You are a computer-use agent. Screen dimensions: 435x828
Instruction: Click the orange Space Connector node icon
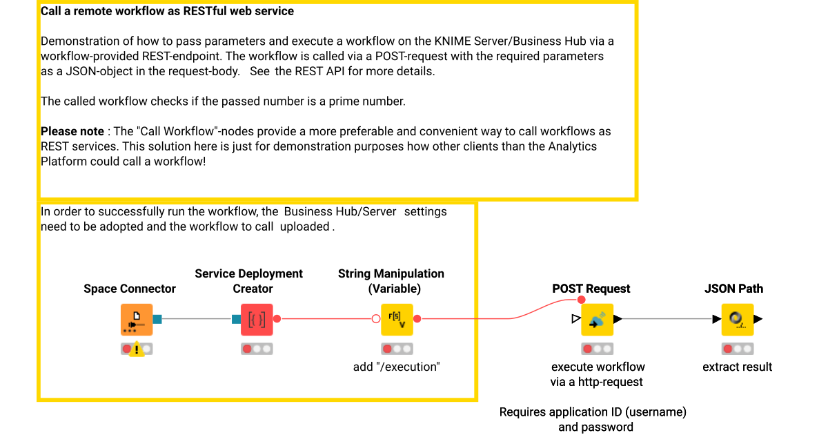click(137, 320)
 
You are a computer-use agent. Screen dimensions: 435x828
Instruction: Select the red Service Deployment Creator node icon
click(257, 320)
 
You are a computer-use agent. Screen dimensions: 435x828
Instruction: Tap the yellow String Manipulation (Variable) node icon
click(397, 320)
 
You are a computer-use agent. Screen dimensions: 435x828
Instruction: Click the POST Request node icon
click(598, 320)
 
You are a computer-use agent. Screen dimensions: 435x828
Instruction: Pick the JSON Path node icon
click(737, 320)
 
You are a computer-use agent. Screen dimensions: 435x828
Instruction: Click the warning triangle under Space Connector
click(137, 349)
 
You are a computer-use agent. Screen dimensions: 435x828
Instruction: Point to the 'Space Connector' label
click(130, 289)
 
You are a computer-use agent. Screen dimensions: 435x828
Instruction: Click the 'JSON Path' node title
click(733, 289)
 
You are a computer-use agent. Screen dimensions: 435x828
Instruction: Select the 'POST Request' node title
click(591, 289)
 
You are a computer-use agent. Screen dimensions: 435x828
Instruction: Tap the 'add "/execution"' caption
click(396, 367)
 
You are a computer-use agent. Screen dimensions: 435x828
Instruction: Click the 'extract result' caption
click(737, 367)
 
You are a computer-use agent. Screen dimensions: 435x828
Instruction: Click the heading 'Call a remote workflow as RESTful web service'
click(167, 11)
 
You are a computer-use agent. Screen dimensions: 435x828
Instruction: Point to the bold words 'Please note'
click(72, 131)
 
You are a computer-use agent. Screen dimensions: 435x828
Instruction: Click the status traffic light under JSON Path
click(737, 349)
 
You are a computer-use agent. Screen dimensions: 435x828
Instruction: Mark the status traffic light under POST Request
click(597, 349)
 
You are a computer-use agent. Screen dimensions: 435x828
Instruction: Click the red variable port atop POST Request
click(581, 299)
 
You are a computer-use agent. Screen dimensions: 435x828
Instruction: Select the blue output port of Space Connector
click(157, 319)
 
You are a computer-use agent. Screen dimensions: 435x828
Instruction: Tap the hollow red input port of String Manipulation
click(376, 319)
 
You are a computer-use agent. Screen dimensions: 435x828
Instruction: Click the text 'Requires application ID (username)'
click(593, 412)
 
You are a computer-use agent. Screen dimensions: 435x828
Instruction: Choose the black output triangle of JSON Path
click(758, 319)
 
